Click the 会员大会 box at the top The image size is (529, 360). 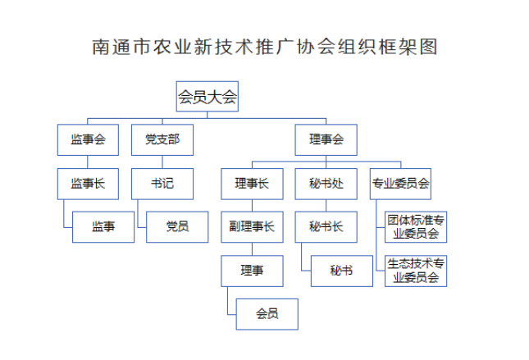point(207,97)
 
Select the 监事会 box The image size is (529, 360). point(88,139)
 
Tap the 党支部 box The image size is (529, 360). point(162,139)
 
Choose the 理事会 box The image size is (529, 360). point(326,139)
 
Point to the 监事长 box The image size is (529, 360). point(88,184)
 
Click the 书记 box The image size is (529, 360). point(162,184)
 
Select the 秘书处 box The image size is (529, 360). point(326,184)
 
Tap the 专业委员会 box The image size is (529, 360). point(400,184)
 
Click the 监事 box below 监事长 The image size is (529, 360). point(103,226)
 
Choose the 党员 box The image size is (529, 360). point(177,226)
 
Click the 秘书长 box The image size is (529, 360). point(326,226)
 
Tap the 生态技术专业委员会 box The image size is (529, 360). point(416,271)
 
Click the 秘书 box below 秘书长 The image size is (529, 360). point(341,270)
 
